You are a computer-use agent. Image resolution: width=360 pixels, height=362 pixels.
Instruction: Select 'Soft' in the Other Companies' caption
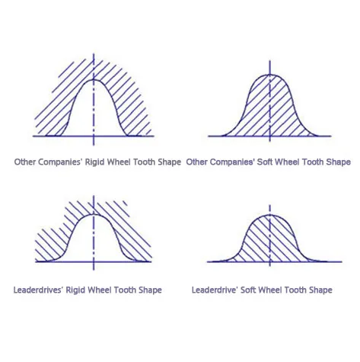coord(265,162)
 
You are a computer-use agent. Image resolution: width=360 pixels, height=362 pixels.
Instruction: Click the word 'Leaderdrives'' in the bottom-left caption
coord(38,290)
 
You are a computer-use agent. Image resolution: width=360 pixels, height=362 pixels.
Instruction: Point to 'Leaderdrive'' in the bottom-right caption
coord(215,290)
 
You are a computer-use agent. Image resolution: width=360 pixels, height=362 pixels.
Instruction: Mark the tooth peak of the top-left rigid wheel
coord(94,80)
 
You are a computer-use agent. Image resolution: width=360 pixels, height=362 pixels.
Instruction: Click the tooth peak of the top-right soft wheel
coord(269,75)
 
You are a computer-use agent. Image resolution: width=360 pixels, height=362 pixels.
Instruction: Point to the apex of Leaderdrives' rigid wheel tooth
coord(94,215)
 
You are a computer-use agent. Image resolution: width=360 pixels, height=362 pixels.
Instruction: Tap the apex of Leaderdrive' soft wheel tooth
coord(269,215)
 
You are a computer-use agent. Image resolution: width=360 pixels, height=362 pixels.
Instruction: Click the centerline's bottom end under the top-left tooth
coord(94,146)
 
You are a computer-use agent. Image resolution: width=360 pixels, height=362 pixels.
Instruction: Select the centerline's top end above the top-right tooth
coord(269,60)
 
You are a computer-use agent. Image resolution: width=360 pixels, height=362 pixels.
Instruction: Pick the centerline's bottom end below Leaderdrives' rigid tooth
coord(94,270)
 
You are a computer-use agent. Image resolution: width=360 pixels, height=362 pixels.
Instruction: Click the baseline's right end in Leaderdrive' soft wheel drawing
coord(342,261)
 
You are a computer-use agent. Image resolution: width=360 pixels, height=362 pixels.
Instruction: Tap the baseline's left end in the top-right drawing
coord(209,136)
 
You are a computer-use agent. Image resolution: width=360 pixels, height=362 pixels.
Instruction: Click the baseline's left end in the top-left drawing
coord(33,136)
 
